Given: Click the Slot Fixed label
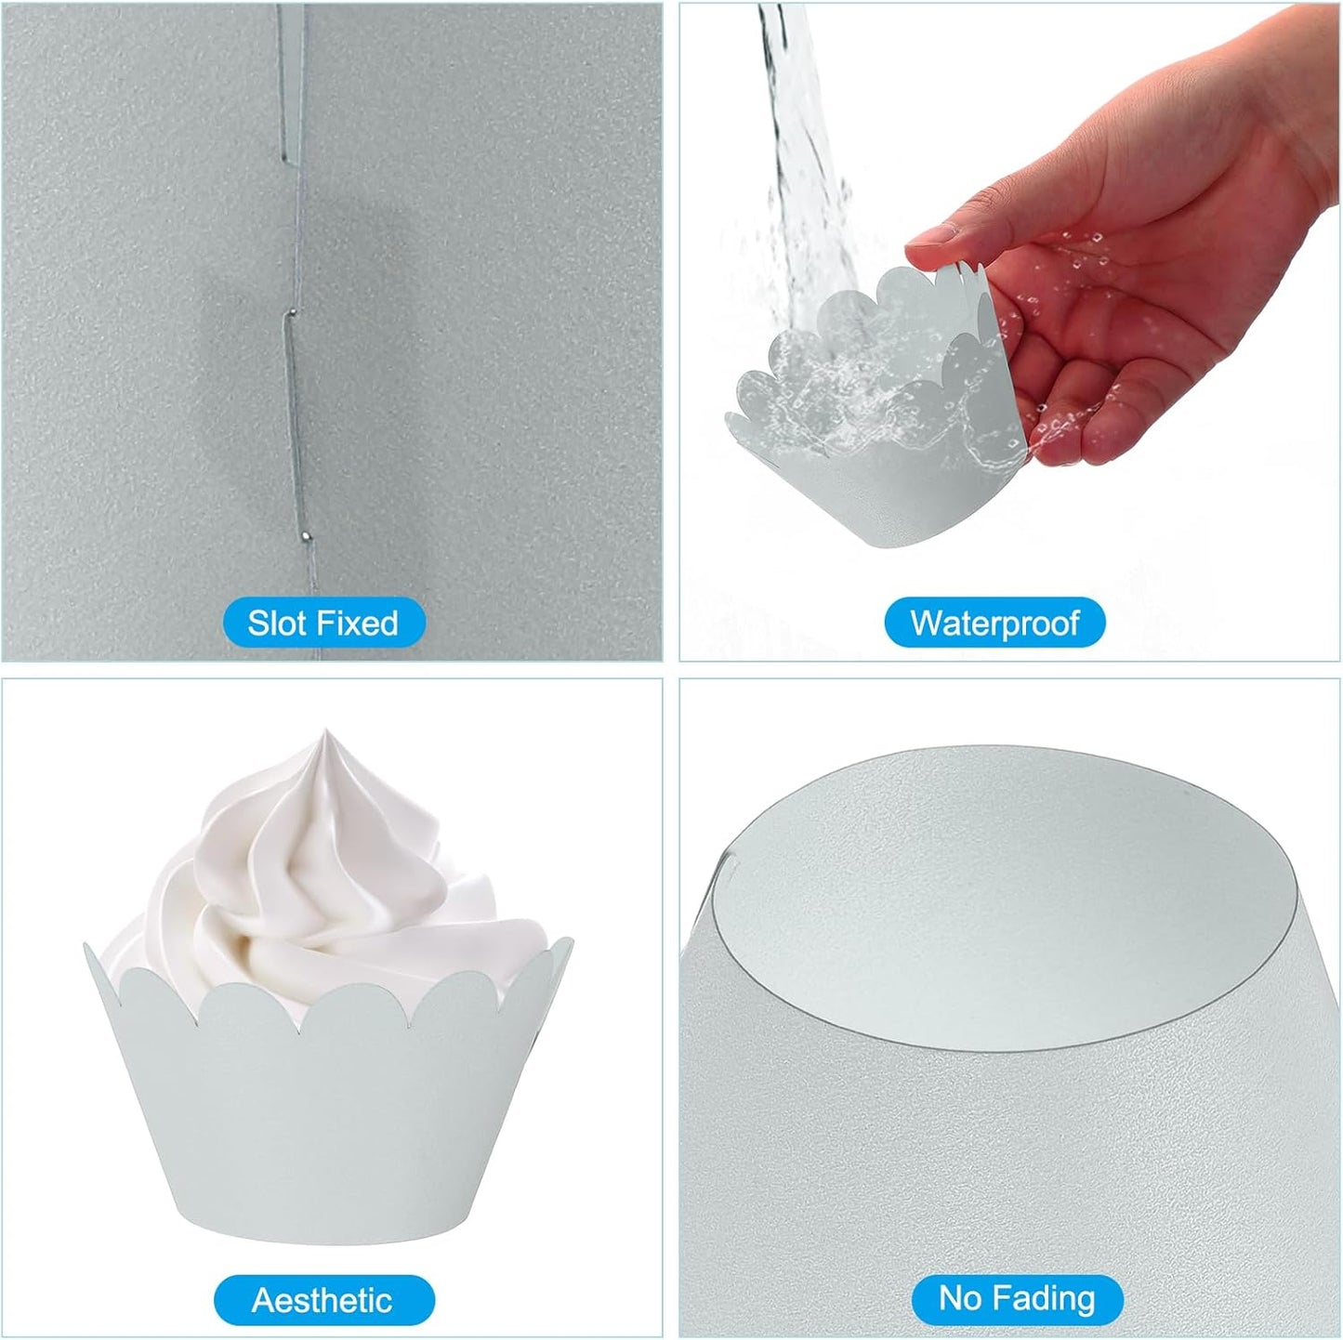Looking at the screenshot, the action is (x=323, y=623).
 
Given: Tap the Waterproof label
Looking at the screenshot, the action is (x=994, y=623).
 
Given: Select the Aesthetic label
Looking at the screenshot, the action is (x=323, y=1300).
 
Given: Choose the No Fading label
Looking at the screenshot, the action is (x=1017, y=1298).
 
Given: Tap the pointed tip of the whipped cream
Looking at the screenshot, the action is (x=325, y=731).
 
